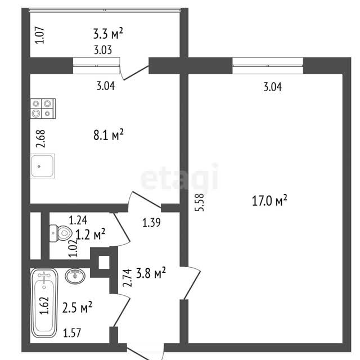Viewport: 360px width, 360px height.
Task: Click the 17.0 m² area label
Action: tap(269, 200)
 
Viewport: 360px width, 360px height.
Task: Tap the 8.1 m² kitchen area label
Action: tap(109, 134)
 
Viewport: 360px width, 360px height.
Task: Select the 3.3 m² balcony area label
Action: tap(108, 34)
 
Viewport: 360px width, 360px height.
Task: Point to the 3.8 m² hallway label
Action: tap(151, 273)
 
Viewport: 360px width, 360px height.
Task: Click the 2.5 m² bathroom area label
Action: tap(77, 308)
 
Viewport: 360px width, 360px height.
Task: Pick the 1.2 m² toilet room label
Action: tap(90, 235)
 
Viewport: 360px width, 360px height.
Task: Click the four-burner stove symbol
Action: tap(43, 109)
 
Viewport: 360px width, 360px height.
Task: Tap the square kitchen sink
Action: tap(43, 166)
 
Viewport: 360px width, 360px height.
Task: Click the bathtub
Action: tap(44, 303)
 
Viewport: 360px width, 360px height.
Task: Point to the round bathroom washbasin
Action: tap(75, 276)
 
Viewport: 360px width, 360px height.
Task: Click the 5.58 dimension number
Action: tap(199, 202)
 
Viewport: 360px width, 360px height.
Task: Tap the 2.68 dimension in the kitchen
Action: tap(40, 139)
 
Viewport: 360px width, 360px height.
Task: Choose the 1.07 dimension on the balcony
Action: tap(39, 35)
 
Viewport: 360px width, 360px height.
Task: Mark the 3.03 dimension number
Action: tap(103, 50)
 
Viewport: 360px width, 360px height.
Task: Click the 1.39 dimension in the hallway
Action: tap(151, 223)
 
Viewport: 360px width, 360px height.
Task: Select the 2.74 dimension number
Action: tap(127, 278)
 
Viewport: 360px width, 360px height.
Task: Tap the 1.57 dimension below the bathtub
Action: tap(72, 333)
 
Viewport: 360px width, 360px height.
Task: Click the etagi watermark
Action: tap(179, 177)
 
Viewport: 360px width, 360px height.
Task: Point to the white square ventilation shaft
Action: tap(104, 263)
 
